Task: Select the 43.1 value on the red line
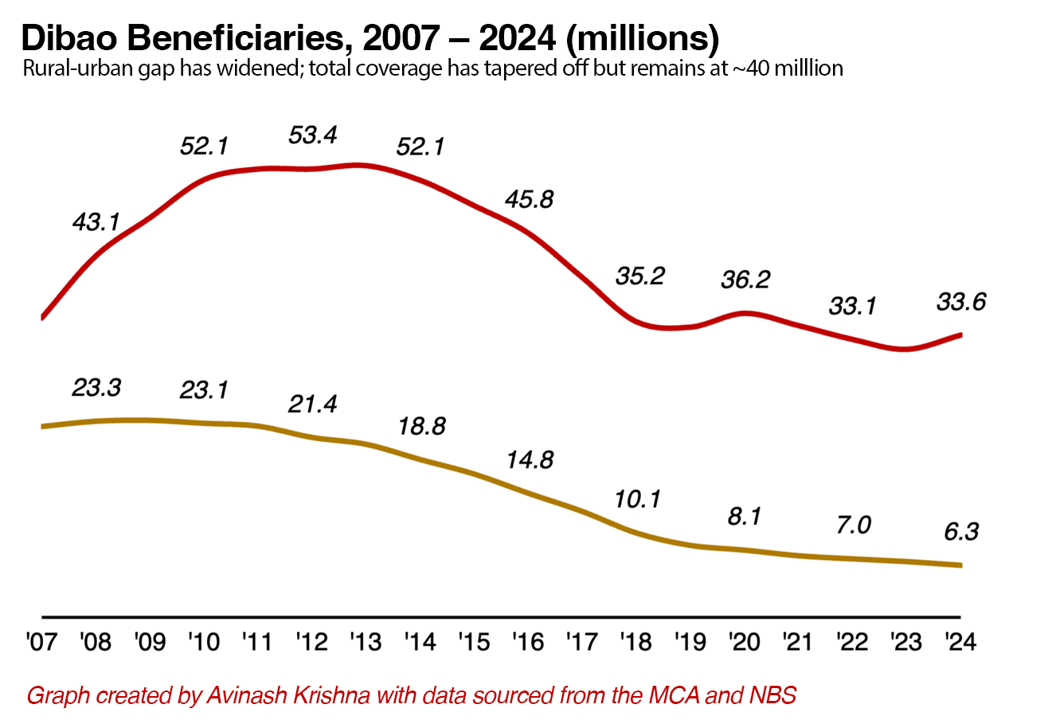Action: pyautogui.click(x=96, y=221)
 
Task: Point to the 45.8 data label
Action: pyautogui.click(x=528, y=198)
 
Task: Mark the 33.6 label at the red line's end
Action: pyautogui.click(x=962, y=302)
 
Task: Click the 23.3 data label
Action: pyautogui.click(x=96, y=388)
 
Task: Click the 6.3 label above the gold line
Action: pyautogui.click(x=962, y=530)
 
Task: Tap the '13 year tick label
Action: pyautogui.click(x=365, y=642)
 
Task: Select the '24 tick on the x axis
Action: pyautogui.click(x=961, y=642)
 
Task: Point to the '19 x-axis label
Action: pyautogui.click(x=690, y=642)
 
